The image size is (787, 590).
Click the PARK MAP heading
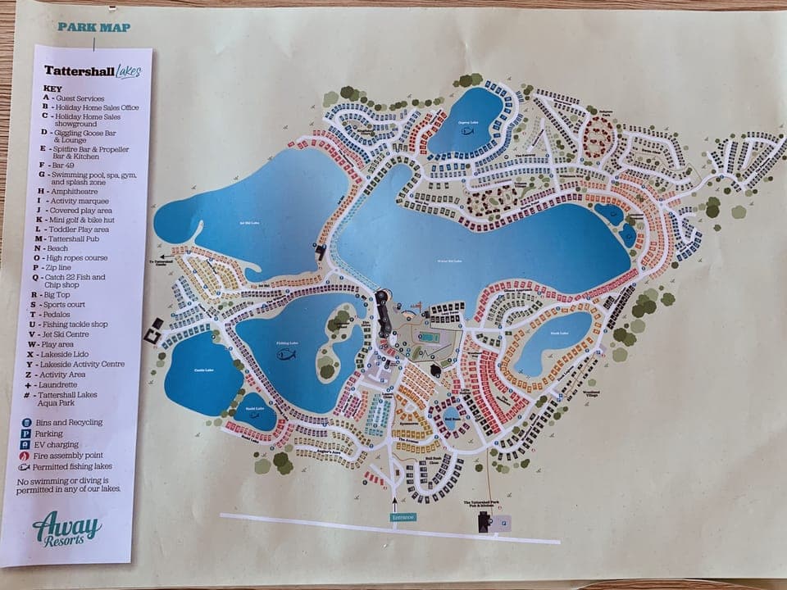[93, 27]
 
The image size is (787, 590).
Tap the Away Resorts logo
[67, 528]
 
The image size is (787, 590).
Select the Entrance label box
[403, 517]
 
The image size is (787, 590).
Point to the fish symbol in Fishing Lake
[286, 355]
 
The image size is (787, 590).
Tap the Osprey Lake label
[468, 122]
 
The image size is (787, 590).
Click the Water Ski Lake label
[450, 261]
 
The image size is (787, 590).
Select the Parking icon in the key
[26, 433]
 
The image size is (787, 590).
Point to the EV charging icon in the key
[26, 444]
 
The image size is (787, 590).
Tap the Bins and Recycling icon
[26, 422]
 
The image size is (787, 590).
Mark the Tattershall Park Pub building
[482, 520]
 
